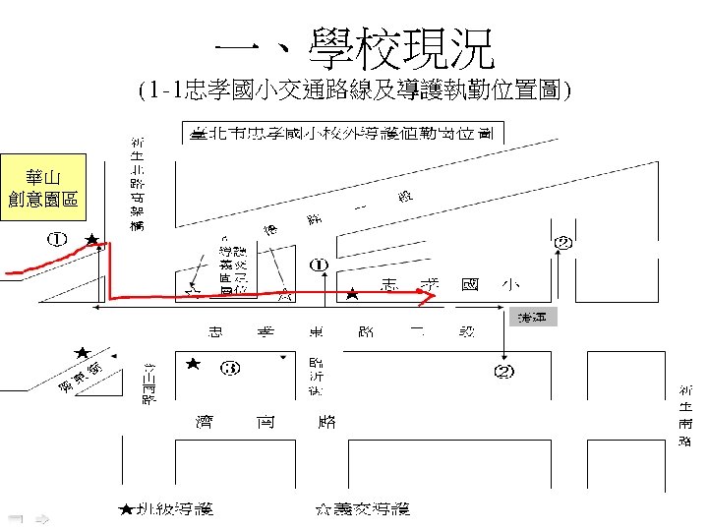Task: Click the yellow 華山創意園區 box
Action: pos(43,188)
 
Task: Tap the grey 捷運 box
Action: pos(537,317)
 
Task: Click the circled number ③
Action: pos(229,369)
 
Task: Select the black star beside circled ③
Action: pos(194,364)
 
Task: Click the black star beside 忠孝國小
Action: pos(352,293)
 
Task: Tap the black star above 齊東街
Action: pos(83,352)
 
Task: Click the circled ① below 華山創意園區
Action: pos(58,239)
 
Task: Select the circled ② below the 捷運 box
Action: pos(503,371)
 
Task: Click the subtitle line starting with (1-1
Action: pos(354,92)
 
